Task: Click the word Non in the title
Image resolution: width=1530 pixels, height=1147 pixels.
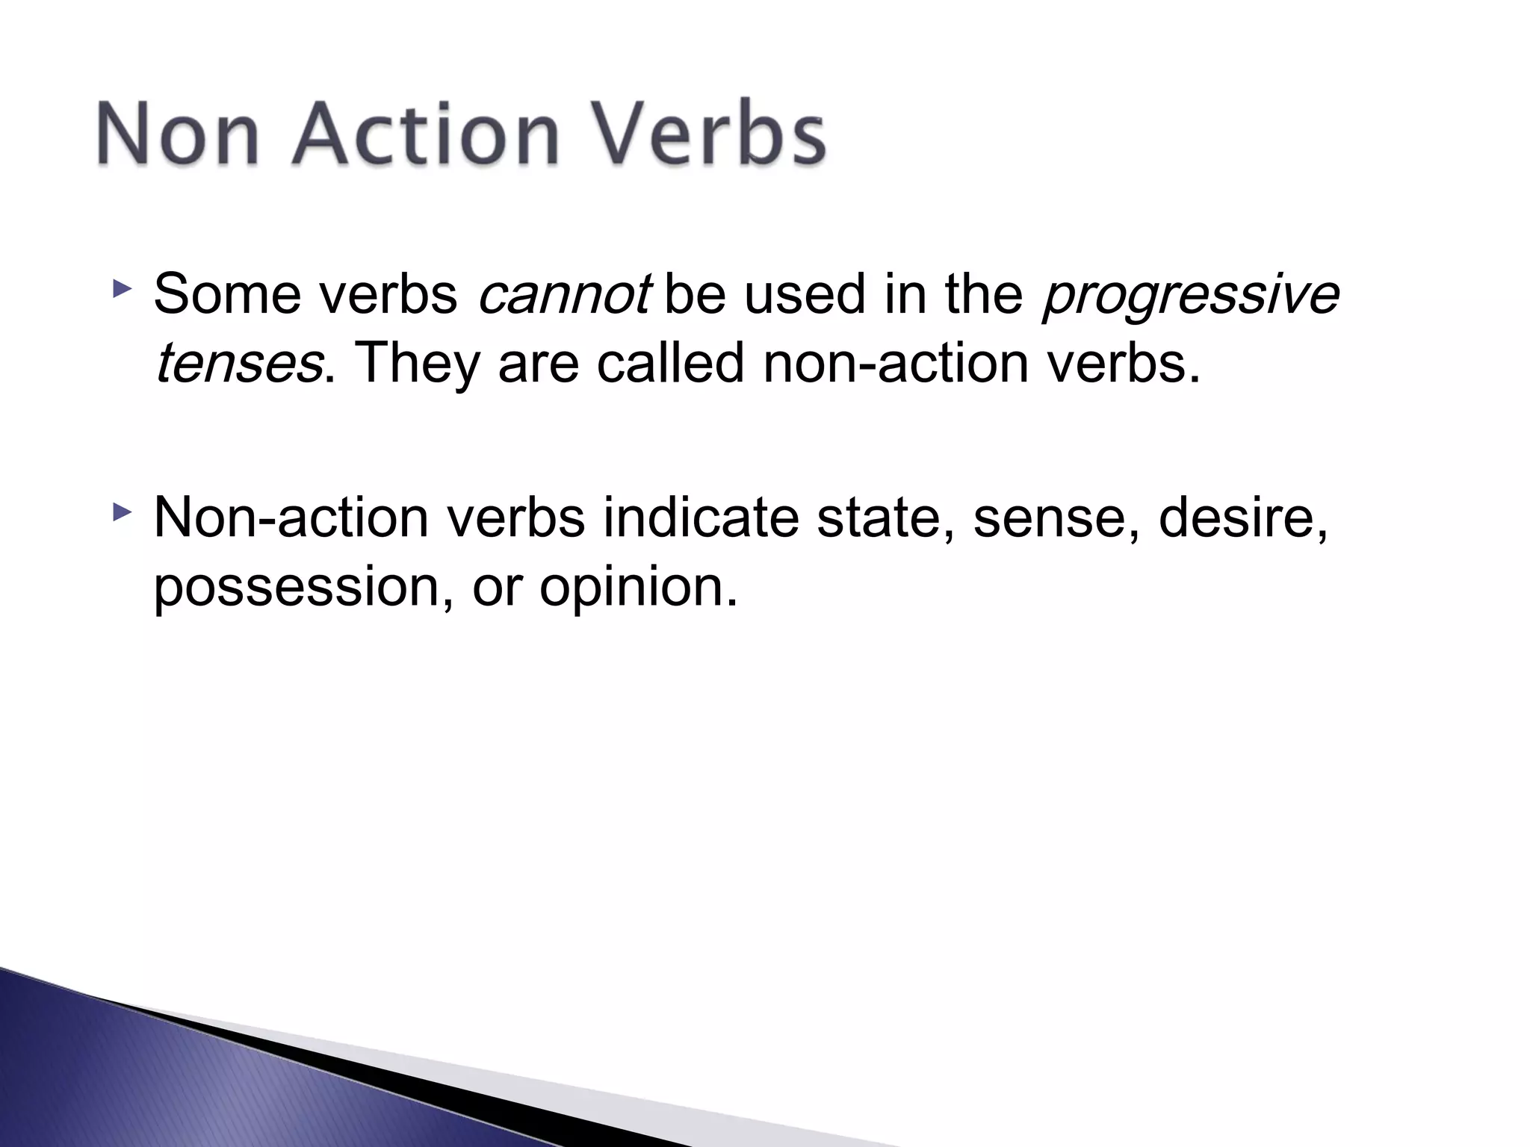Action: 178,134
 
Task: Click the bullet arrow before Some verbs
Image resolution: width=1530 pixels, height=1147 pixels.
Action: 122,287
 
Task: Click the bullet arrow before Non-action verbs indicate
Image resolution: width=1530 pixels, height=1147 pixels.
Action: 122,512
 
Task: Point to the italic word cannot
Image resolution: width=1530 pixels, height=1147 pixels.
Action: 564,294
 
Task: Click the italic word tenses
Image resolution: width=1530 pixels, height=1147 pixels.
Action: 238,364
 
